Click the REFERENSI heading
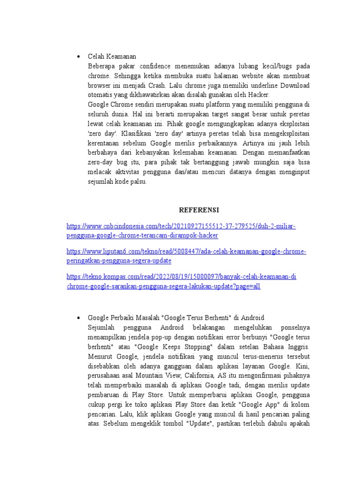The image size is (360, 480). [x=199, y=209]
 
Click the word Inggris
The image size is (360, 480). [x=298, y=347]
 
